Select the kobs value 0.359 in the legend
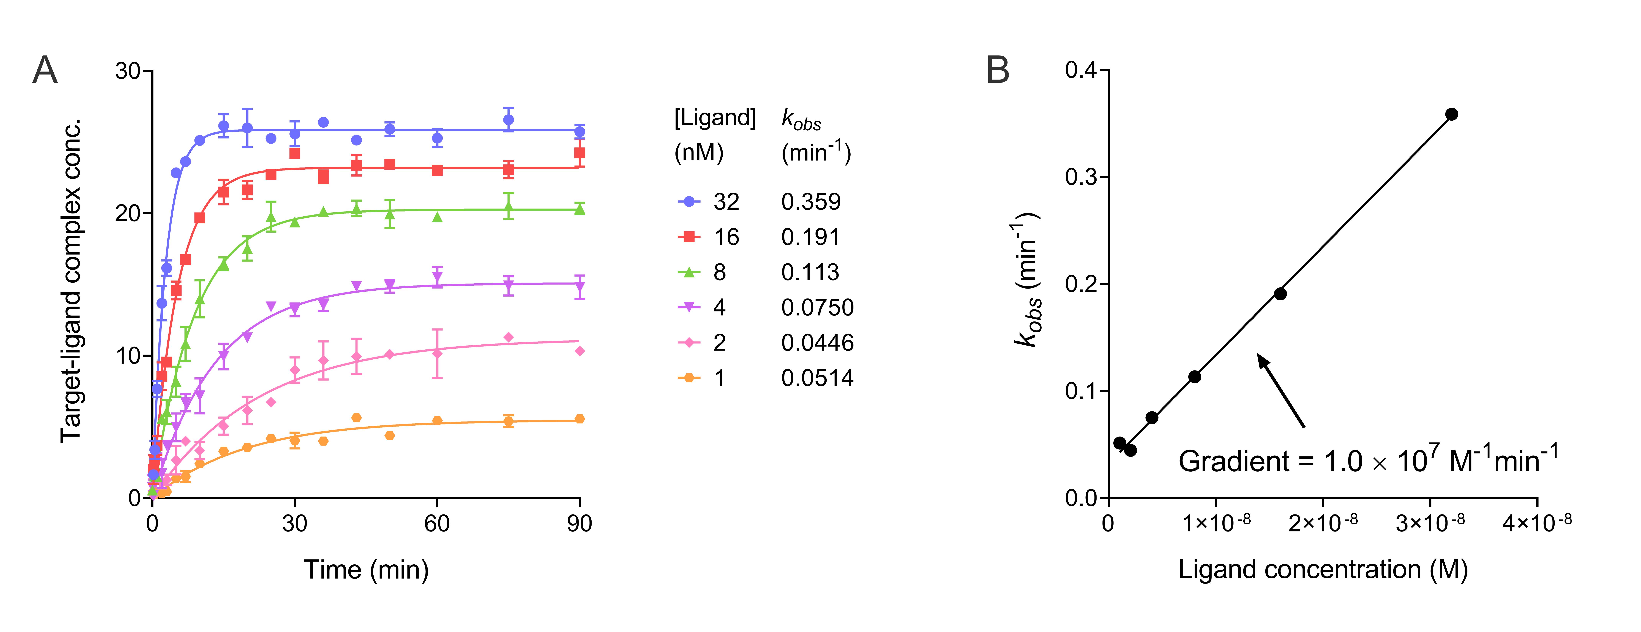point(811,202)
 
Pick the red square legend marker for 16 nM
point(689,237)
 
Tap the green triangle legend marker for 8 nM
point(689,272)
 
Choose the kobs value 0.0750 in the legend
point(817,307)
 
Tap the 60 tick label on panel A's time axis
point(437,524)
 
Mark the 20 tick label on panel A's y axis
point(127,213)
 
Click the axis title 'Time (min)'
point(366,570)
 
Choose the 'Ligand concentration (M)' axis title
point(1323,570)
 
